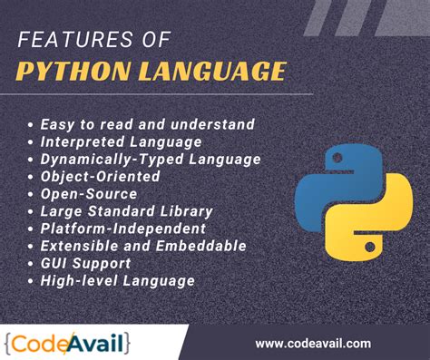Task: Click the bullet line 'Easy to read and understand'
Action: click(147, 124)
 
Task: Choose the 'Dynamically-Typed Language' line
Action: click(150, 159)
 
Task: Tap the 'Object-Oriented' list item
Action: click(102, 176)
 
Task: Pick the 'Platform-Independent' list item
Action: click(122, 229)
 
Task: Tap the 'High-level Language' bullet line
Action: click(117, 280)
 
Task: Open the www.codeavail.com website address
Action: click(313, 343)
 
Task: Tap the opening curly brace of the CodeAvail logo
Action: click(9, 343)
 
